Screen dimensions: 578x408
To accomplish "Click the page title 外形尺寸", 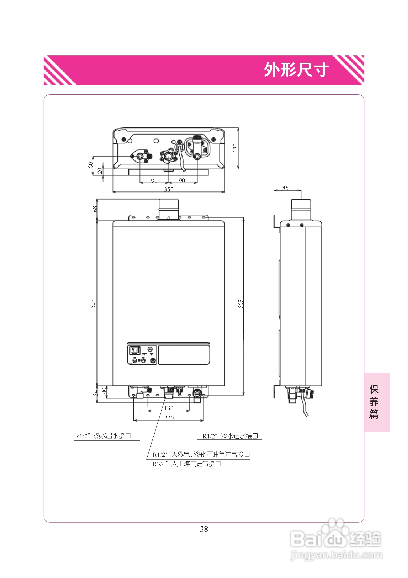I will click(x=296, y=70).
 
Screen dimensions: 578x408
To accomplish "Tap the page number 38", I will click(x=204, y=529).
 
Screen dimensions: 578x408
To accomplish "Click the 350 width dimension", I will click(x=169, y=189).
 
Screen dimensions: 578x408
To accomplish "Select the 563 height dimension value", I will click(x=241, y=304).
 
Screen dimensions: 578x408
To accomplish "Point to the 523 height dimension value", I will click(x=93, y=304).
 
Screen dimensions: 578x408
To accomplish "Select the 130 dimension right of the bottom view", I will click(x=235, y=148).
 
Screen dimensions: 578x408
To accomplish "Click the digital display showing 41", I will click(x=135, y=350).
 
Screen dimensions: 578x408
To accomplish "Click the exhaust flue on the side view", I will click(x=301, y=209).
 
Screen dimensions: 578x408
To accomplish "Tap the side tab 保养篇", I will click(x=374, y=402).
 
